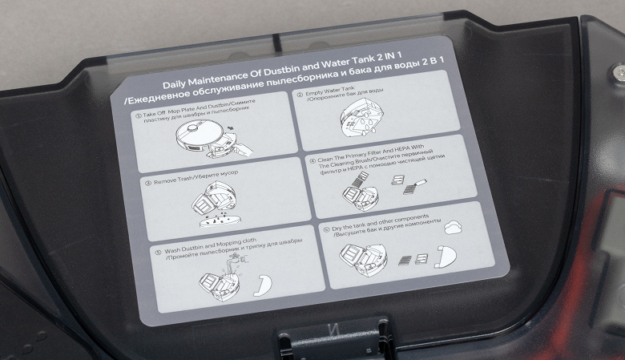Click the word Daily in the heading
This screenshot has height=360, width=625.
174,84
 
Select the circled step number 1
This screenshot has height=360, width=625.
139,115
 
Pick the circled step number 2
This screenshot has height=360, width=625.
300,95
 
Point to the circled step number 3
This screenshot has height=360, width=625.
148,183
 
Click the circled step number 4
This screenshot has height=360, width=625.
312,160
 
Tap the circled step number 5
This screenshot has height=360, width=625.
158,252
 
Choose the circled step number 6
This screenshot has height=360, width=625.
327,229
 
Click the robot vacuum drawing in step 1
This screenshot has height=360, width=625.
208,140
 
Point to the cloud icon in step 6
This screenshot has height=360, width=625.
454,227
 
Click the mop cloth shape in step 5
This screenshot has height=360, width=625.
264,285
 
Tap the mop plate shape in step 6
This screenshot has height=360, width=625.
446,257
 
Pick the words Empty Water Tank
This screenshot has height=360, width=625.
329,91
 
